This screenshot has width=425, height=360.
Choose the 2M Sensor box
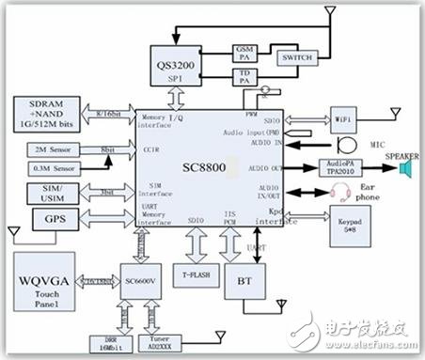tap(43, 148)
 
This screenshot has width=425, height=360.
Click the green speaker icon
tap(406, 168)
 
